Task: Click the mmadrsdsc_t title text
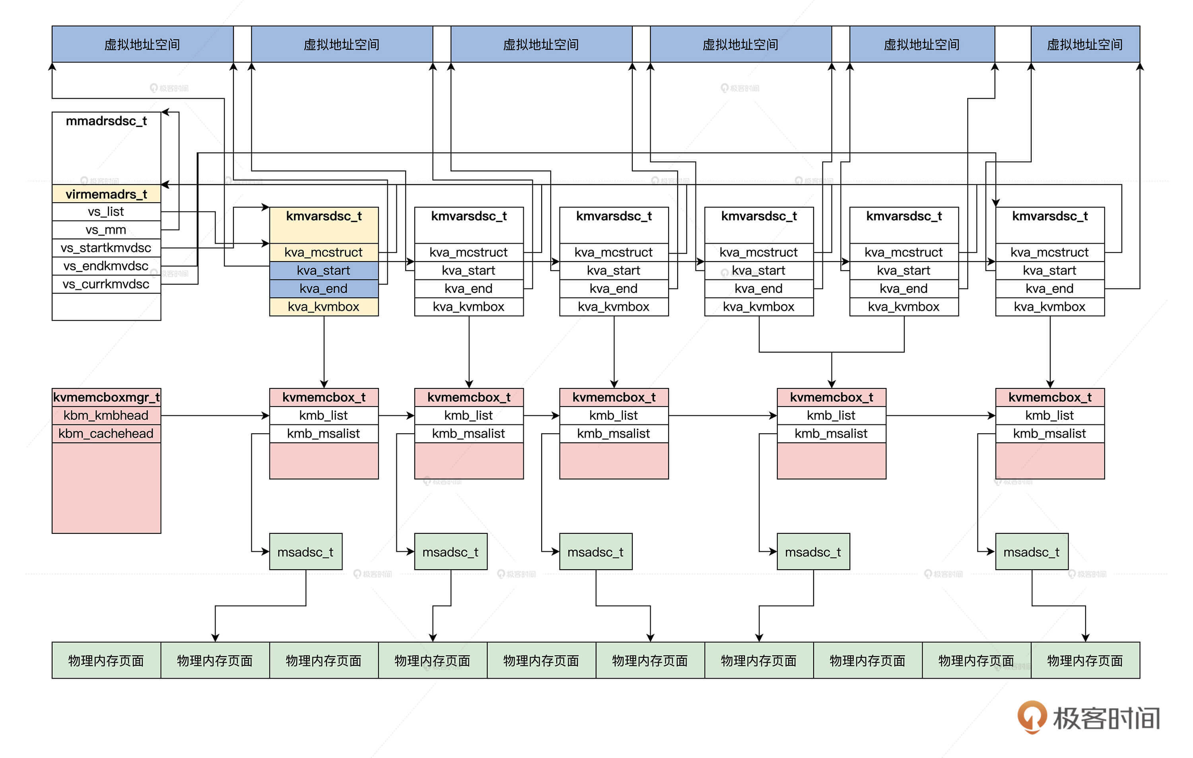pos(106,121)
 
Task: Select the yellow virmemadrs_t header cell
pos(106,194)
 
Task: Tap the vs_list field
pos(106,212)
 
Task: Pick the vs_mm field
pos(106,230)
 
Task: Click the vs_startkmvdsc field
pos(106,248)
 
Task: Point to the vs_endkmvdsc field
pos(106,266)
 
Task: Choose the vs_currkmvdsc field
pos(106,284)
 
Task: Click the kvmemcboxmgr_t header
pos(106,397)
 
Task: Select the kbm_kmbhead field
pos(106,415)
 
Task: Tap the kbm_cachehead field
pos(106,434)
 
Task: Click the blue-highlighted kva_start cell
pos(324,271)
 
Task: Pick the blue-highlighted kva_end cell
pos(324,289)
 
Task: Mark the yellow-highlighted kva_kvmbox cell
pos(324,307)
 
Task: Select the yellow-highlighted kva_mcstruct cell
pos(324,252)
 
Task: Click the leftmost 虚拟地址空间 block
pos(142,45)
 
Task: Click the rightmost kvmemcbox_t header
pos(1050,397)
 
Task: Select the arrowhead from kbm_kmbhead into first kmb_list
pos(266,415)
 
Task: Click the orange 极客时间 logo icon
pos(1032,716)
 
